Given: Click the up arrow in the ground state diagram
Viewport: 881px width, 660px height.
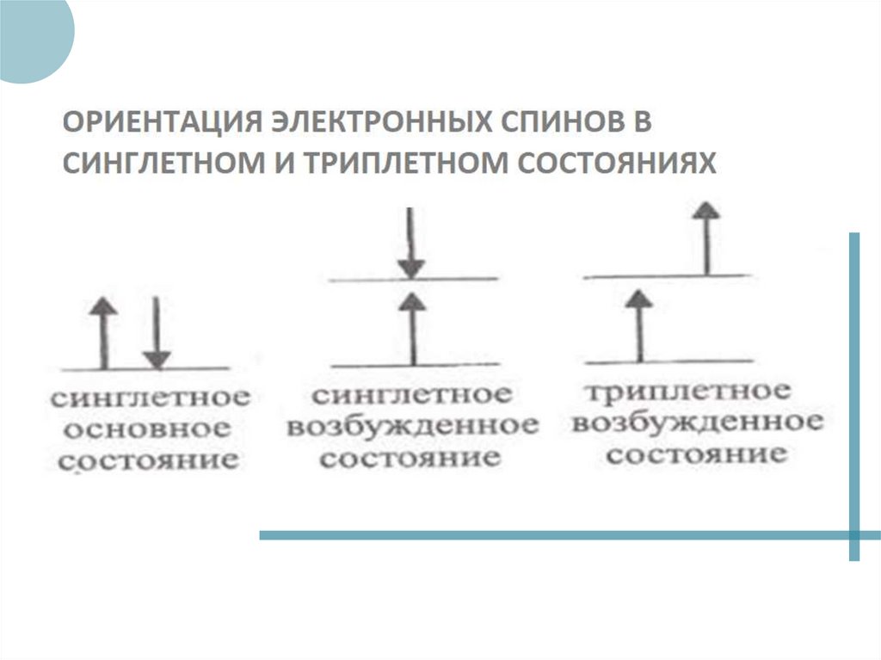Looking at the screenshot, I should pyautogui.click(x=104, y=332).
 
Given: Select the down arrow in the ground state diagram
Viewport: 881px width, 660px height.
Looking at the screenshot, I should pyautogui.click(x=156, y=332).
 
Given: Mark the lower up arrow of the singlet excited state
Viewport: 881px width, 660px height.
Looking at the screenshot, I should pyautogui.click(x=413, y=328).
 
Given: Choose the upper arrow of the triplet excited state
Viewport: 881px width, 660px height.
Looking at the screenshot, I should pyautogui.click(x=706, y=237).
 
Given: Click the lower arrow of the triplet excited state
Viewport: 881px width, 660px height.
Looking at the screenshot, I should pyautogui.click(x=638, y=324).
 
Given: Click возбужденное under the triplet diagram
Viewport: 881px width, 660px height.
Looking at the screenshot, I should pyautogui.click(x=697, y=423).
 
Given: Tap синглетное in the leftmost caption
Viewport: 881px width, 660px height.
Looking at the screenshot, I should pyautogui.click(x=151, y=398).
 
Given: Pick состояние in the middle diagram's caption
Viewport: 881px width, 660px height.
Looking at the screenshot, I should pyautogui.click(x=410, y=457).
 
